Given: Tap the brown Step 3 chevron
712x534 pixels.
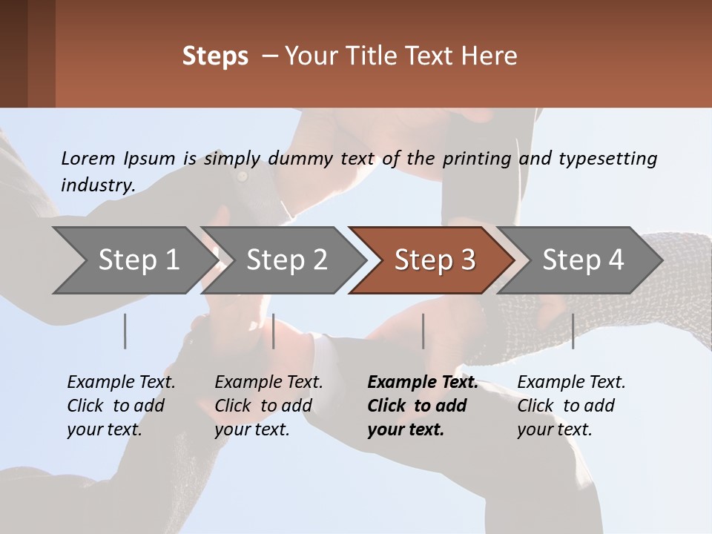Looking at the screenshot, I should [x=432, y=260].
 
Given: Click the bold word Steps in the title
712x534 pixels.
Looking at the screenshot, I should [x=215, y=56].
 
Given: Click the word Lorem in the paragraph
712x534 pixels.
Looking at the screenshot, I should [x=88, y=158].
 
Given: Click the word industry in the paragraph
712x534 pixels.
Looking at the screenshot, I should [x=98, y=185].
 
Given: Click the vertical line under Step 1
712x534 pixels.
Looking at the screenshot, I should [x=125, y=331].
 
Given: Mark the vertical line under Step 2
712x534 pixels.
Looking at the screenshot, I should [x=274, y=331].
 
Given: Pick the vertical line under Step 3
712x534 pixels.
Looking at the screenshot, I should [x=423, y=331].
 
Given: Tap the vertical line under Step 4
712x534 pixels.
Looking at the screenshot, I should [x=573, y=331].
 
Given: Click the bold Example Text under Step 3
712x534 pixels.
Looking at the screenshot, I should [x=423, y=383].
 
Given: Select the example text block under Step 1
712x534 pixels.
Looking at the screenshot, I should [x=121, y=406].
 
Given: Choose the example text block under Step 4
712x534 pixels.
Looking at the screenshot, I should [x=571, y=406].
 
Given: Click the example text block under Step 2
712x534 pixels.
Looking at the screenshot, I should [x=268, y=406].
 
